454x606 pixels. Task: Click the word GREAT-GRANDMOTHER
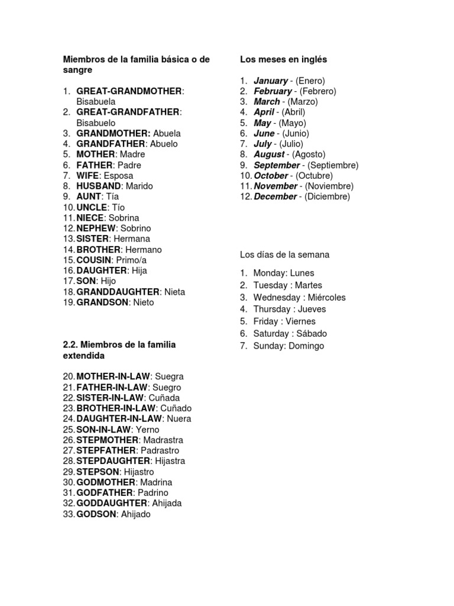(x=129, y=91)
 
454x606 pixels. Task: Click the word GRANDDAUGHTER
(x=118, y=292)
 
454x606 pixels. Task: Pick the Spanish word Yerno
(x=147, y=430)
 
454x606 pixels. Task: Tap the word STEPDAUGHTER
(x=113, y=461)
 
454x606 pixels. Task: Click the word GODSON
(x=96, y=514)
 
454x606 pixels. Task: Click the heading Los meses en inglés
(x=283, y=59)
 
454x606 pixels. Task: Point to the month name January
(x=270, y=80)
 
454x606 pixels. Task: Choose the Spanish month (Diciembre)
(x=327, y=196)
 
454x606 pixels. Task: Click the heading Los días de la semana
(x=284, y=254)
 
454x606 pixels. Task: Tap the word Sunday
(x=268, y=346)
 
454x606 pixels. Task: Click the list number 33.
(x=68, y=514)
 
